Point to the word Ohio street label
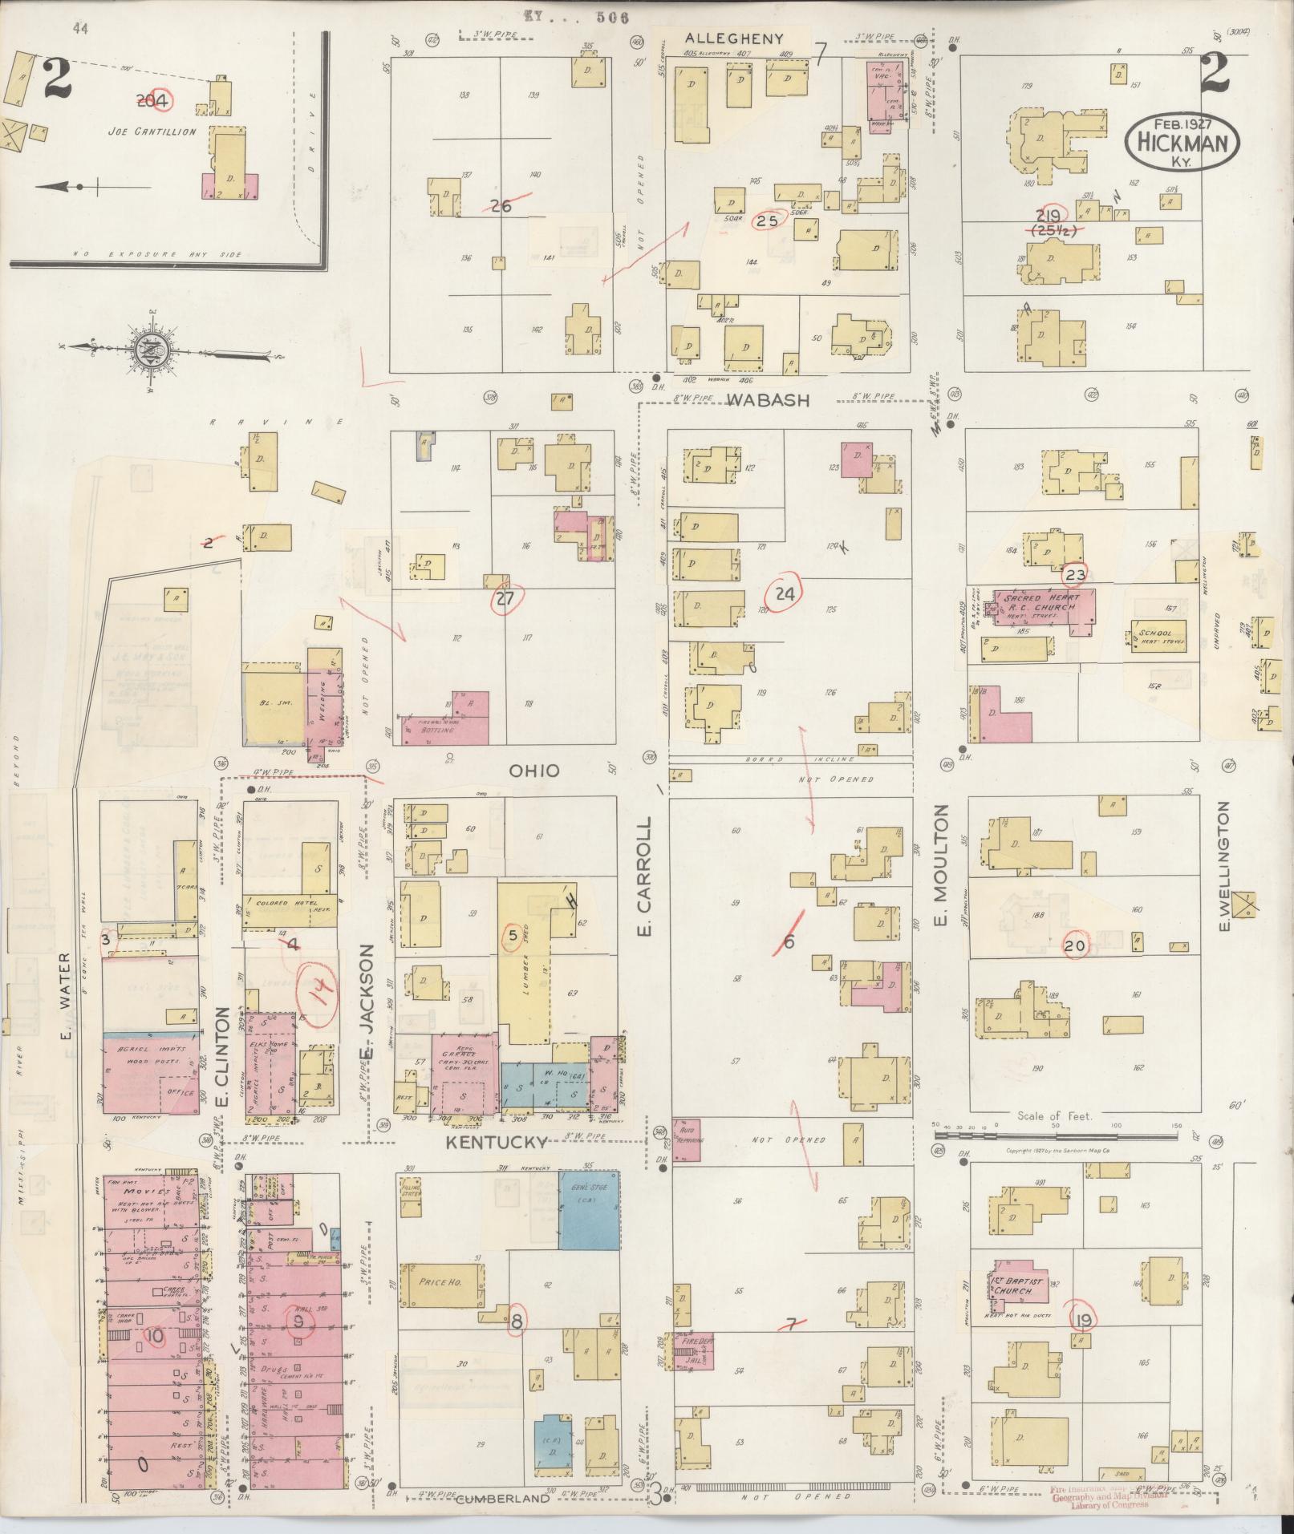point(533,770)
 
